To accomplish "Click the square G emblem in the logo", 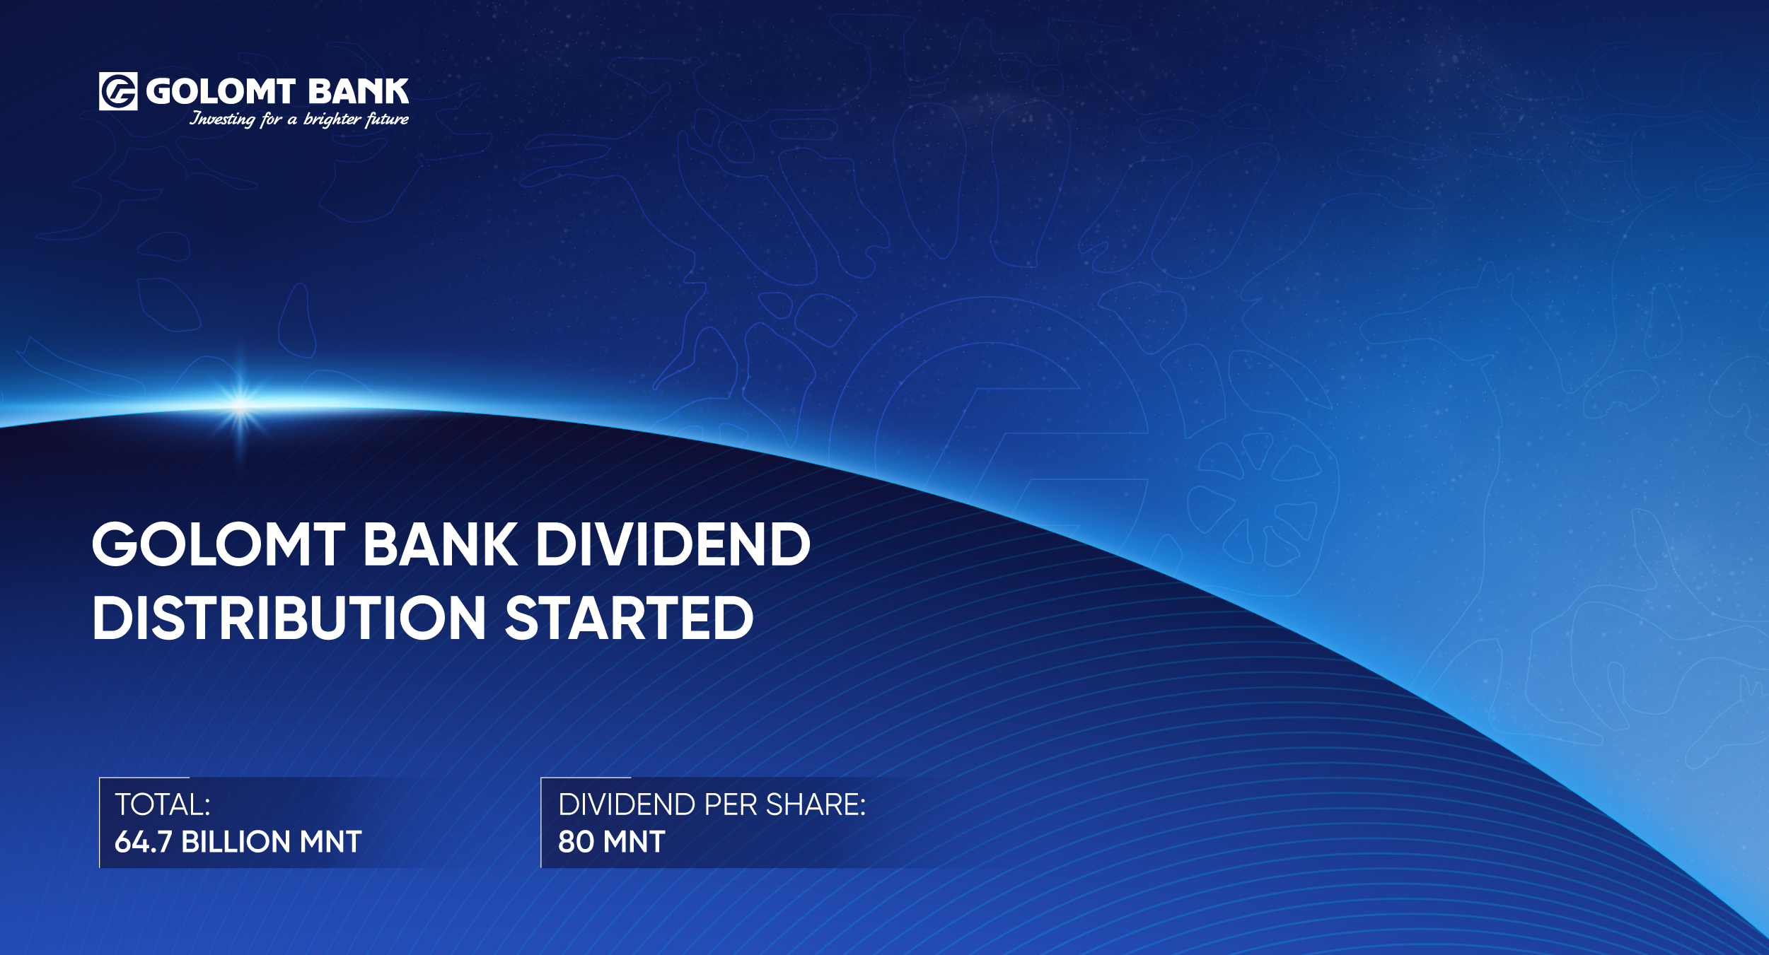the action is [118, 91].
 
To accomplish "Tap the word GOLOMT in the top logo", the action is [221, 92].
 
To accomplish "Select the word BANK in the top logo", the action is [359, 92].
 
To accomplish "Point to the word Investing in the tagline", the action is [222, 119].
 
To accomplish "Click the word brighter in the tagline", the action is [332, 119].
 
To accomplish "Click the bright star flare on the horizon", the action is [240, 406].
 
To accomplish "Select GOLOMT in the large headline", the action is [219, 544].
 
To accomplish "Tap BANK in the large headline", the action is [440, 544].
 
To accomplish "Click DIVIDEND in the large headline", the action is [673, 544].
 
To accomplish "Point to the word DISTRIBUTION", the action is [289, 618].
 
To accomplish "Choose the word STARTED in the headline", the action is [630, 618].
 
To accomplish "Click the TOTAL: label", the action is [163, 804].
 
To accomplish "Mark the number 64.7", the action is [143, 842].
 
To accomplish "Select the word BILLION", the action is [236, 842].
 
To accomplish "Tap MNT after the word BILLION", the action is [331, 842].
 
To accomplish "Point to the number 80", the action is [576, 842].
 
